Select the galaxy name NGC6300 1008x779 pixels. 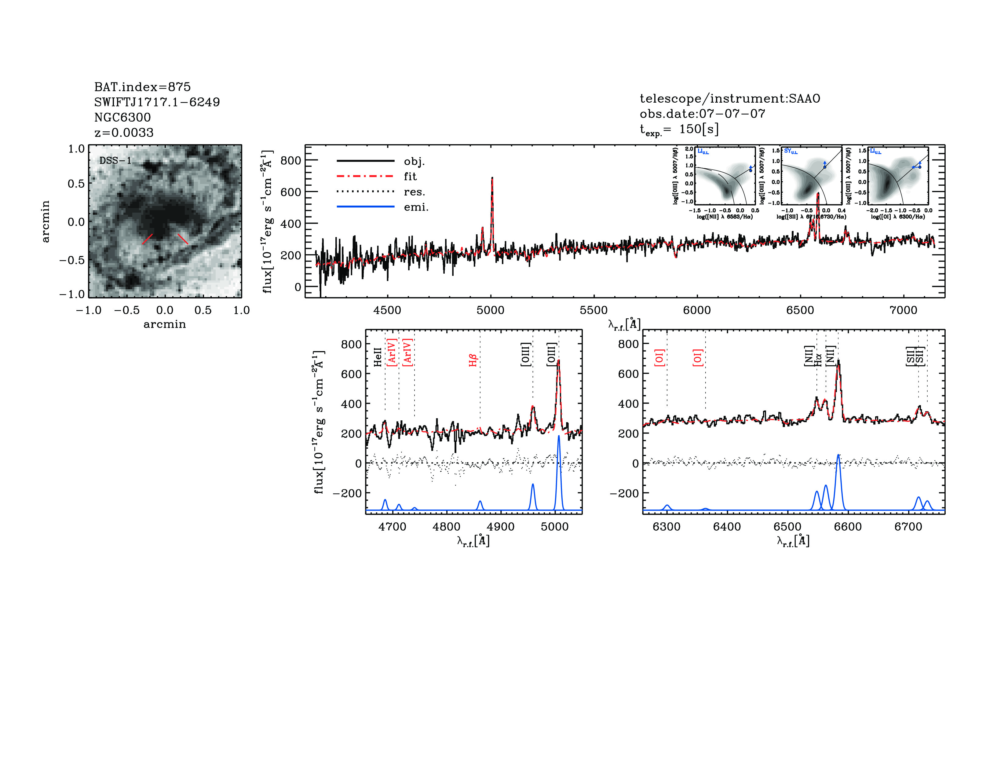(x=122, y=117)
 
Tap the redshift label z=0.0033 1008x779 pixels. (x=124, y=133)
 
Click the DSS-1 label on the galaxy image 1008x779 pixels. (x=115, y=161)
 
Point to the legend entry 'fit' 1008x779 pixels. (x=410, y=176)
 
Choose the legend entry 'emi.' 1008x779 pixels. (x=416, y=207)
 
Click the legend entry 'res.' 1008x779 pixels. (x=414, y=192)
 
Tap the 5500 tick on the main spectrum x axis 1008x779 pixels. (x=593, y=310)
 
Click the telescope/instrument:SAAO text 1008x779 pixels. (x=730, y=98)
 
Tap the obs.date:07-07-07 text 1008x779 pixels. (x=702, y=114)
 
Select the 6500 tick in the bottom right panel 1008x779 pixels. (x=787, y=527)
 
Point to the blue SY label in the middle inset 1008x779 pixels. (x=790, y=151)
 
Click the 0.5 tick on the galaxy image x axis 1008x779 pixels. (x=203, y=310)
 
